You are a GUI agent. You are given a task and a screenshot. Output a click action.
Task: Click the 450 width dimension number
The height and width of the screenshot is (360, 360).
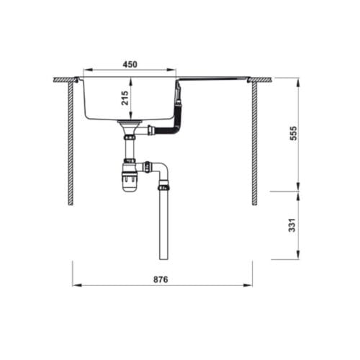coord(130,64)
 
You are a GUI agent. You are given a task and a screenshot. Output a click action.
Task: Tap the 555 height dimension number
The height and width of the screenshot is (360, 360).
coord(293,134)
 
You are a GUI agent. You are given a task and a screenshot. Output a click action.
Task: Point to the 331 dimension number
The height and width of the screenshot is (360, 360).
coord(293,225)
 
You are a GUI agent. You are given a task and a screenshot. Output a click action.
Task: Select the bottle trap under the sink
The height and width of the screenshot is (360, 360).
coord(130,177)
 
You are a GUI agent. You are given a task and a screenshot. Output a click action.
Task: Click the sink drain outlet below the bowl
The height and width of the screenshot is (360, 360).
coord(130,127)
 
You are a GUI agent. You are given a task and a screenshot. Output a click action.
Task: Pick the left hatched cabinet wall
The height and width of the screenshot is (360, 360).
coord(71,141)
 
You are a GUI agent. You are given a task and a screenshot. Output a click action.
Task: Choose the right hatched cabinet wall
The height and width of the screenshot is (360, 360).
coord(254,141)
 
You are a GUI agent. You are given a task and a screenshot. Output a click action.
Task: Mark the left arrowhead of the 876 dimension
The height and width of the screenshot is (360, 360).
coord(75,285)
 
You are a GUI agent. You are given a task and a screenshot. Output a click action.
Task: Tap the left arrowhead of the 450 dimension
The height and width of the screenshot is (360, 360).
coord(86,71)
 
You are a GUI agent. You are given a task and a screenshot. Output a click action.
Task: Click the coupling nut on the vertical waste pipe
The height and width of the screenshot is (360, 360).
coord(163,186)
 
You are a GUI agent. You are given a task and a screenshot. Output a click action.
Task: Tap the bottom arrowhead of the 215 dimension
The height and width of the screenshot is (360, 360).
coord(130,117)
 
